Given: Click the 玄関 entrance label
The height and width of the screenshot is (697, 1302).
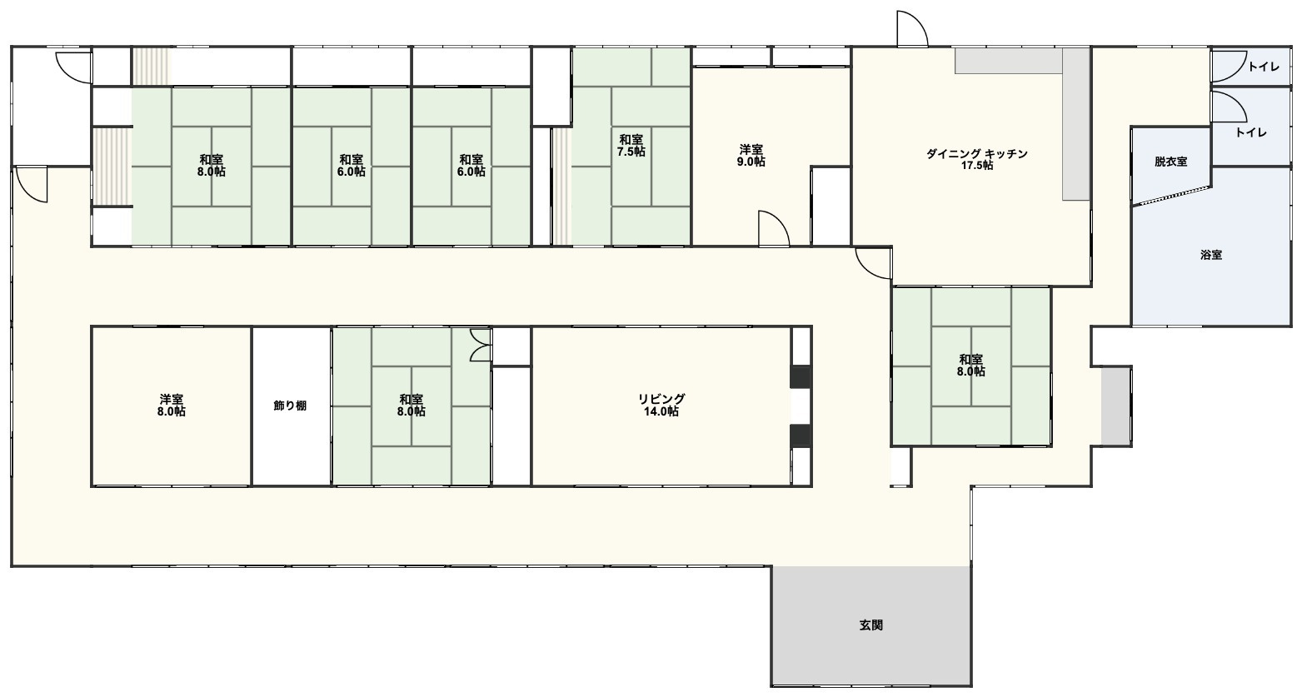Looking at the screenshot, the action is pyautogui.click(x=870, y=625).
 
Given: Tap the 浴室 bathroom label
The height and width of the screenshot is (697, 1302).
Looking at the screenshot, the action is pyautogui.click(x=1210, y=255).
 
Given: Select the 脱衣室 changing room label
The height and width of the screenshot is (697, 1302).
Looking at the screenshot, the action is pyautogui.click(x=1170, y=162).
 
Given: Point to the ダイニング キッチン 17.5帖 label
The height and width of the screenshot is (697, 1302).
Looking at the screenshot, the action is pyautogui.click(x=976, y=160).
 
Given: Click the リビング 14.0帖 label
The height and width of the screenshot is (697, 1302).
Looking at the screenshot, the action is pyautogui.click(x=661, y=406).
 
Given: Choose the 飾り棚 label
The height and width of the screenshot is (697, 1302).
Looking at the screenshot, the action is pyautogui.click(x=290, y=406).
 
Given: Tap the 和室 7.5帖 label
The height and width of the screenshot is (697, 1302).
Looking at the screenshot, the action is pyautogui.click(x=631, y=145).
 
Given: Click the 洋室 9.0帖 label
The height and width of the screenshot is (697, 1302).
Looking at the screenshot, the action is pyautogui.click(x=751, y=156).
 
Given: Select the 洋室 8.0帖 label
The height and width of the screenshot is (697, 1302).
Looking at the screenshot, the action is pyautogui.click(x=172, y=406).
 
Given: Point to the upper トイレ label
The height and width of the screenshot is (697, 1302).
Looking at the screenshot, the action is pyautogui.click(x=1264, y=67).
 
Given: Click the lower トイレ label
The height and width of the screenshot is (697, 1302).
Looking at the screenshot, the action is pyautogui.click(x=1251, y=132).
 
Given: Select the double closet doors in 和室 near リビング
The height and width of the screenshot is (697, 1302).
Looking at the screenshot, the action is pyautogui.click(x=481, y=346).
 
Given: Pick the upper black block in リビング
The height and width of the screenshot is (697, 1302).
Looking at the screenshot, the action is pyautogui.click(x=801, y=377).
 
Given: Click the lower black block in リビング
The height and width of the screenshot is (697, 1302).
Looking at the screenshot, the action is pyautogui.click(x=801, y=436).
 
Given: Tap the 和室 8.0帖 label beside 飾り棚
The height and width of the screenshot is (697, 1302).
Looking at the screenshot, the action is pyautogui.click(x=411, y=406).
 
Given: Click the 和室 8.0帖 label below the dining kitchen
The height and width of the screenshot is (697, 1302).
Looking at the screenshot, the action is pyautogui.click(x=971, y=366).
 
